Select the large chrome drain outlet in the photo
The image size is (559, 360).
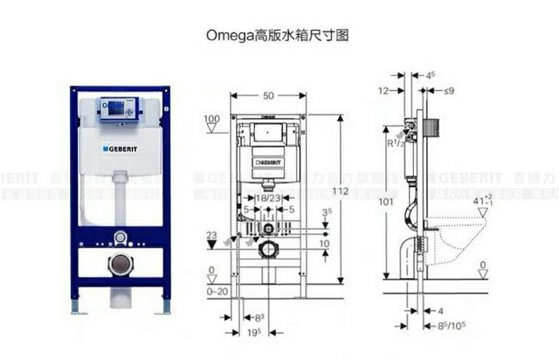(x=120, y=264)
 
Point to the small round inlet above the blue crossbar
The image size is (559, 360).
(x=120, y=237)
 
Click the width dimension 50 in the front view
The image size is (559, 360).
(x=268, y=95)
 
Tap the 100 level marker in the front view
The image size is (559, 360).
(x=210, y=119)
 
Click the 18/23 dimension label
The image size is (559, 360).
(x=268, y=197)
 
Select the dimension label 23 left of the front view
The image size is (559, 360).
(x=210, y=234)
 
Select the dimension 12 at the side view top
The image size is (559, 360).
(x=384, y=91)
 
